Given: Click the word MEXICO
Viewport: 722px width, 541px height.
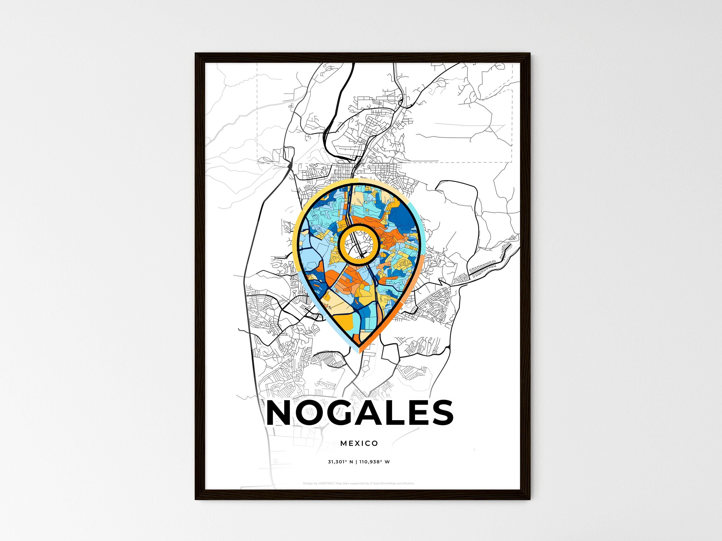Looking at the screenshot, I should [359, 443].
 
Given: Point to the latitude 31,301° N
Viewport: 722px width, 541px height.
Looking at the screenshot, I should [341, 462].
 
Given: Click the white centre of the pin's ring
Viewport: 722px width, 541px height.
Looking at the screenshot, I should [358, 244].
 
